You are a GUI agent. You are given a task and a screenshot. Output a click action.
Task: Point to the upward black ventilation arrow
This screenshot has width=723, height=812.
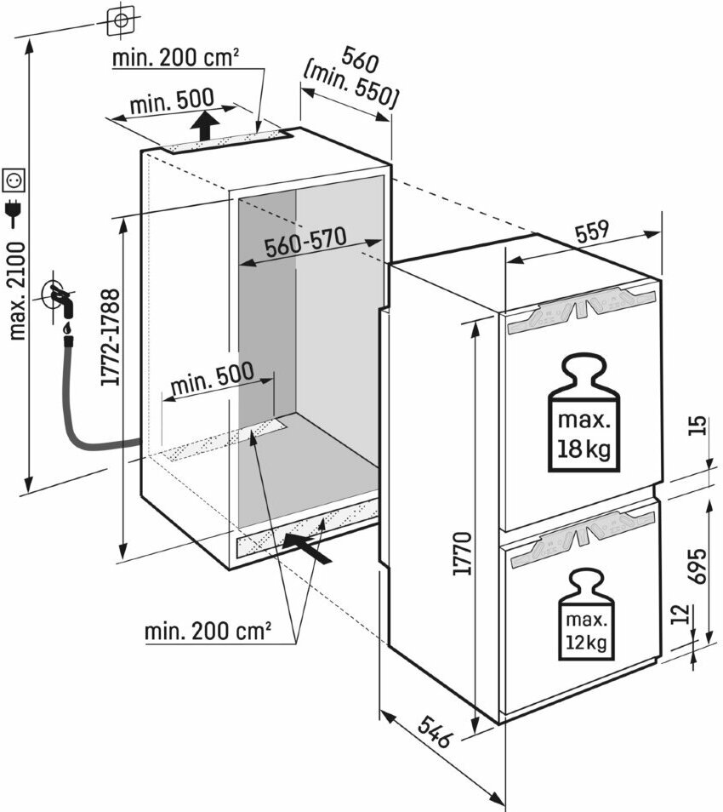tap(203, 129)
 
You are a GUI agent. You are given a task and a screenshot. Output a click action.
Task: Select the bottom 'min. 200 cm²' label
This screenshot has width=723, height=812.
tap(208, 632)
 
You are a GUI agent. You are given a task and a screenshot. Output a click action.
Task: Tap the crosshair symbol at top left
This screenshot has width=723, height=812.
tap(122, 18)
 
